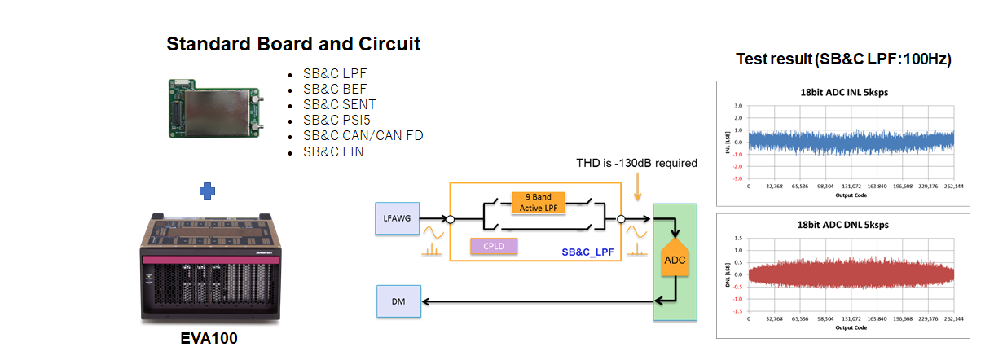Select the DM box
tap(398, 302)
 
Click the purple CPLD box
tap(494, 246)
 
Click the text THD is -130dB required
tap(636, 163)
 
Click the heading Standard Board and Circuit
tap(293, 44)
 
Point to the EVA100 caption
tap(209, 338)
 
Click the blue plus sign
tap(208, 191)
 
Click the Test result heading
tap(843, 59)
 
